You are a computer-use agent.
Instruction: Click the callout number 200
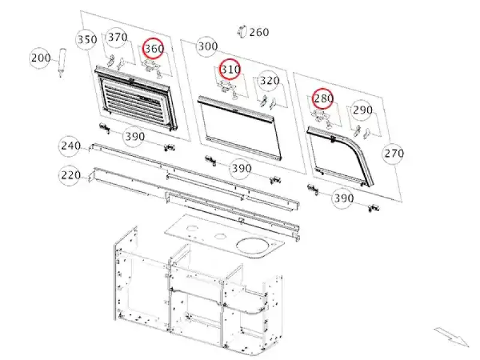(x=41, y=58)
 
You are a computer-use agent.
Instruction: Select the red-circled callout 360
(x=154, y=49)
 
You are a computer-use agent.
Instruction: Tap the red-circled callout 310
(x=230, y=70)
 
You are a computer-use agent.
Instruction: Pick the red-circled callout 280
(x=323, y=98)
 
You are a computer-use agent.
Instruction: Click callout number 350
(x=86, y=40)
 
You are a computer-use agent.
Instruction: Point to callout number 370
(x=118, y=37)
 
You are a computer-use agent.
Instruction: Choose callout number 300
(x=208, y=47)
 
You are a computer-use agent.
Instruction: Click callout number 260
(x=259, y=32)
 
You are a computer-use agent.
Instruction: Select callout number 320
(x=269, y=81)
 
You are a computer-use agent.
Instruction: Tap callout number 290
(x=362, y=110)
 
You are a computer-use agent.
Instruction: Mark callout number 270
(x=394, y=153)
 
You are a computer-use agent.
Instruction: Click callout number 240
(x=70, y=146)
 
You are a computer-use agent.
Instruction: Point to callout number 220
(x=70, y=175)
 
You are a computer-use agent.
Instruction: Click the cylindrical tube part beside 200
(x=62, y=62)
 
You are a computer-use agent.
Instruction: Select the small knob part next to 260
(x=242, y=31)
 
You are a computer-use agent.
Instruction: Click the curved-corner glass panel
(x=340, y=156)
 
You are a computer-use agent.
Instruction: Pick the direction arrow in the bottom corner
(x=452, y=337)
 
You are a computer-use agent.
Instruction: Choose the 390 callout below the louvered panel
(x=134, y=137)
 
